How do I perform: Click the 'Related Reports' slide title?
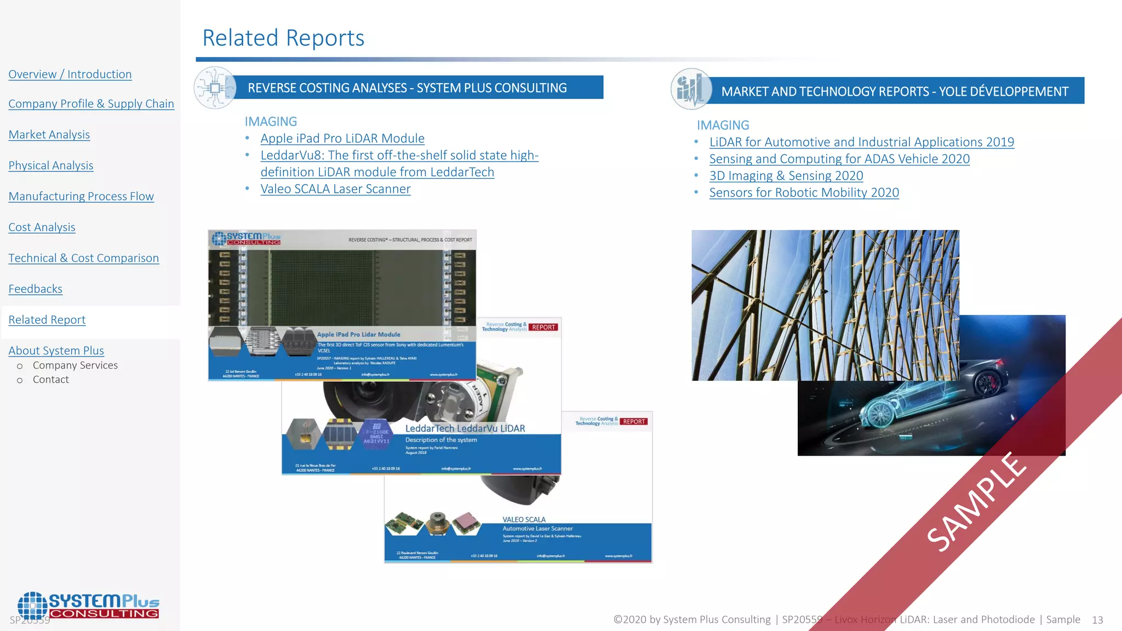pos(283,38)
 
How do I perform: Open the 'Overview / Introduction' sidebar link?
pos(70,74)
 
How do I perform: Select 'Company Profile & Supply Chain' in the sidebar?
pos(91,104)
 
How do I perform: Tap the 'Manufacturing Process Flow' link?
pos(81,196)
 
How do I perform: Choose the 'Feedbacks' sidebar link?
pos(35,289)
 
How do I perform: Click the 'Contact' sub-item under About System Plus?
pos(50,380)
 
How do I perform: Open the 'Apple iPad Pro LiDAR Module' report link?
pos(342,138)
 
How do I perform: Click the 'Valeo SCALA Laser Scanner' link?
pos(335,189)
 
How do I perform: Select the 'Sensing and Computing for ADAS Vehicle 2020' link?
pos(839,159)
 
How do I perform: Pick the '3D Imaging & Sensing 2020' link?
pos(786,176)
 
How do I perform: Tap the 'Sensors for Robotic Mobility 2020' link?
pos(804,193)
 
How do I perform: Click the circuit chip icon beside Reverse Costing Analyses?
pos(215,88)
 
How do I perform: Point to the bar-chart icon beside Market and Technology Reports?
pos(691,89)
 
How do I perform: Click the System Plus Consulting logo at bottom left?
pos(88,606)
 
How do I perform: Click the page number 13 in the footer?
pos(1097,620)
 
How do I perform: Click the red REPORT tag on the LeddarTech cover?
pos(543,328)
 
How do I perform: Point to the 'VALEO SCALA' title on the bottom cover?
pos(524,519)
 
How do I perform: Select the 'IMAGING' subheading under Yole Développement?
pos(723,125)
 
